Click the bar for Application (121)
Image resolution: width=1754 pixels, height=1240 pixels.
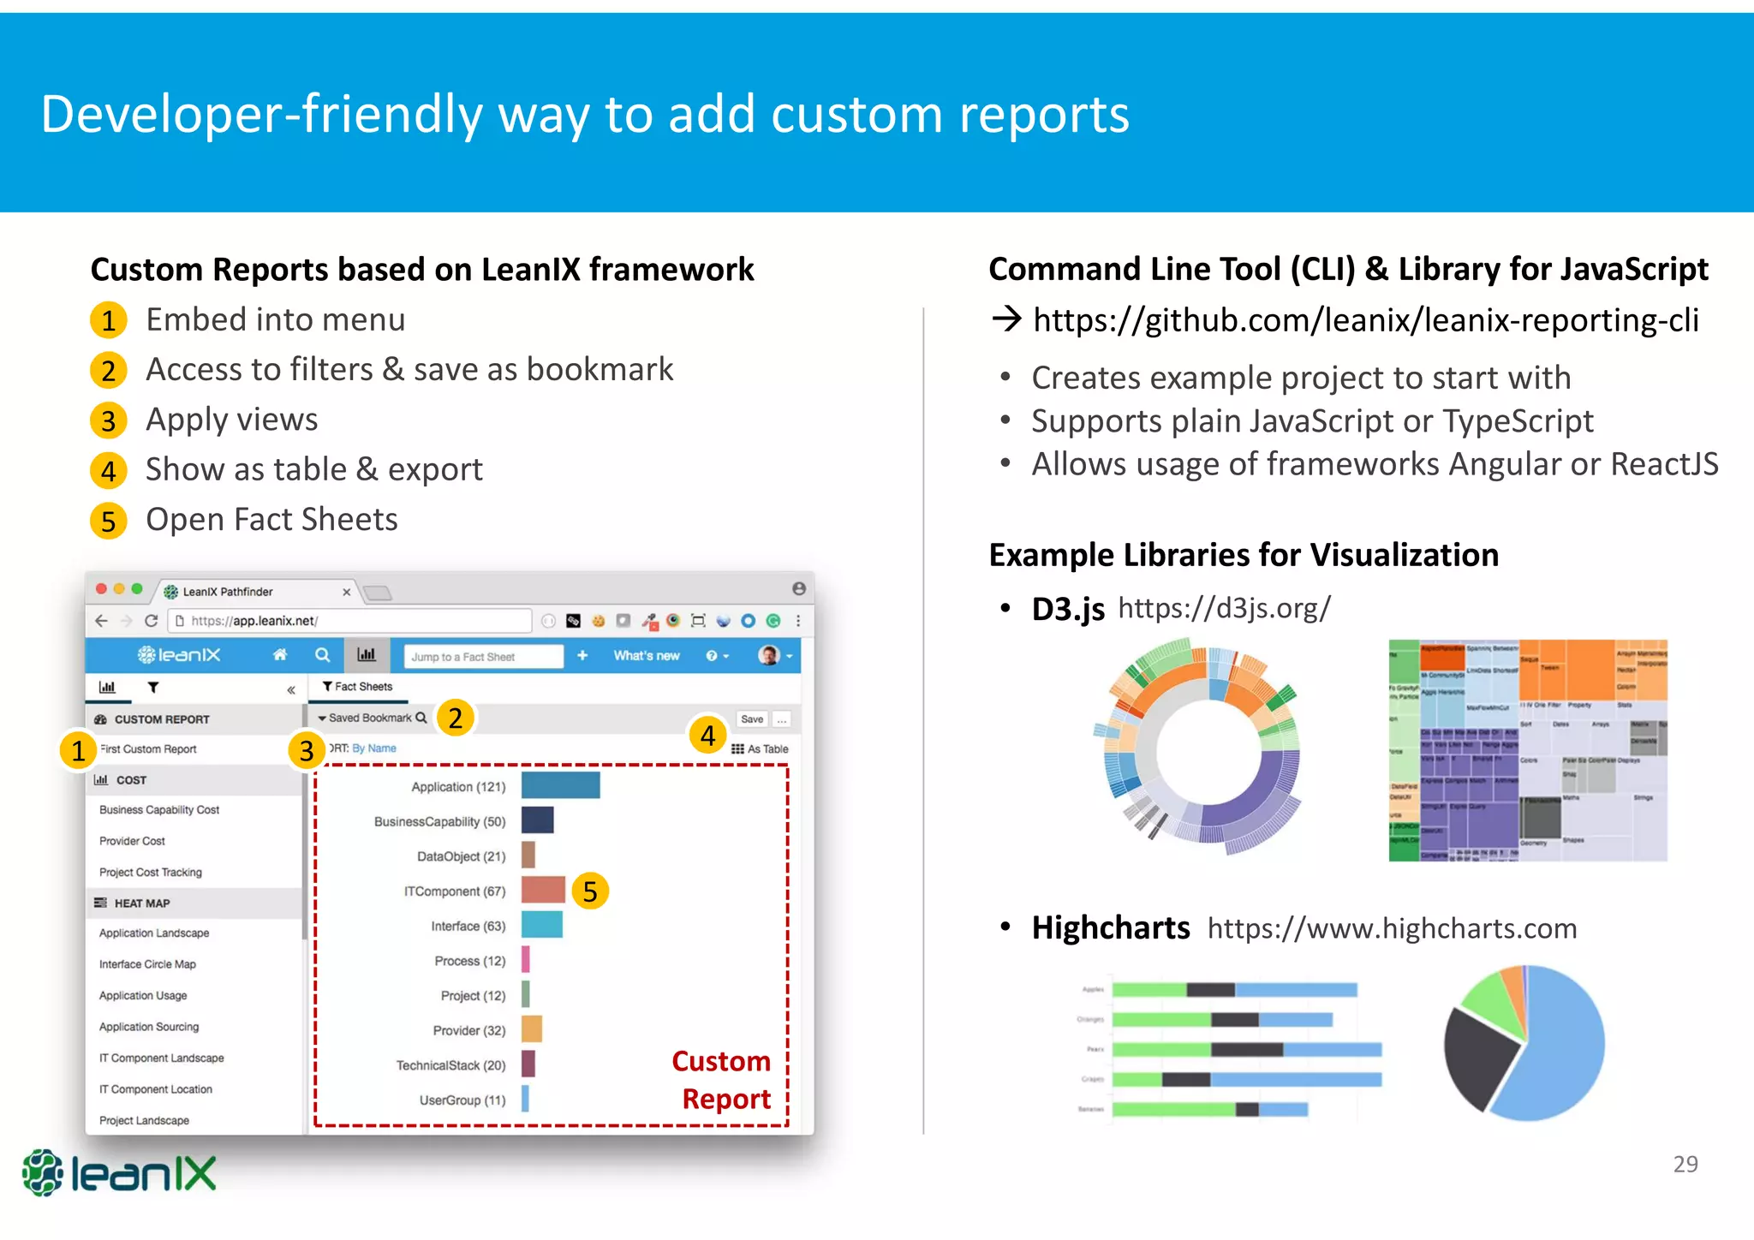tap(560, 785)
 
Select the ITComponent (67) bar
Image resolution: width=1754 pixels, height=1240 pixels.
tap(543, 890)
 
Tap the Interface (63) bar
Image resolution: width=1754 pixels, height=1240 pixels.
tap(541, 925)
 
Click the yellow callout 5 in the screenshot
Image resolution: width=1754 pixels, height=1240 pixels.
tap(590, 891)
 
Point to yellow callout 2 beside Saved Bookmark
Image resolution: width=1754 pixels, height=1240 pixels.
tap(456, 718)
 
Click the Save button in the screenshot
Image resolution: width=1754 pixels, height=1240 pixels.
tap(752, 719)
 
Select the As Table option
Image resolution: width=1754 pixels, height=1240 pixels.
tap(761, 748)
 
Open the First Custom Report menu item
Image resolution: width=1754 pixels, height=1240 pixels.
tap(149, 748)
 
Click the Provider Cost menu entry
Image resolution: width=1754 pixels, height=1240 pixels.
tap(132, 841)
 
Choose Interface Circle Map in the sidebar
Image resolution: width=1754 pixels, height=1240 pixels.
tap(147, 964)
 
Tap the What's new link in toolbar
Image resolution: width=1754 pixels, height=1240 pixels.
tap(646, 656)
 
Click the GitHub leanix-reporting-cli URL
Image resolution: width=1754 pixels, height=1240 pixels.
tap(1365, 320)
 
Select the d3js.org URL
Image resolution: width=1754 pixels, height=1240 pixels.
tap(1224, 608)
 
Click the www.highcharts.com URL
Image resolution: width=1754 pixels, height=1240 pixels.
tap(1392, 928)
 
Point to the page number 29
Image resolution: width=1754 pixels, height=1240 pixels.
tap(1685, 1164)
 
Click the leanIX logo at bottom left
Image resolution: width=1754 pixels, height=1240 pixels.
tap(120, 1172)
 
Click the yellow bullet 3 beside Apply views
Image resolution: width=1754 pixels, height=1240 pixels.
tap(109, 420)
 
